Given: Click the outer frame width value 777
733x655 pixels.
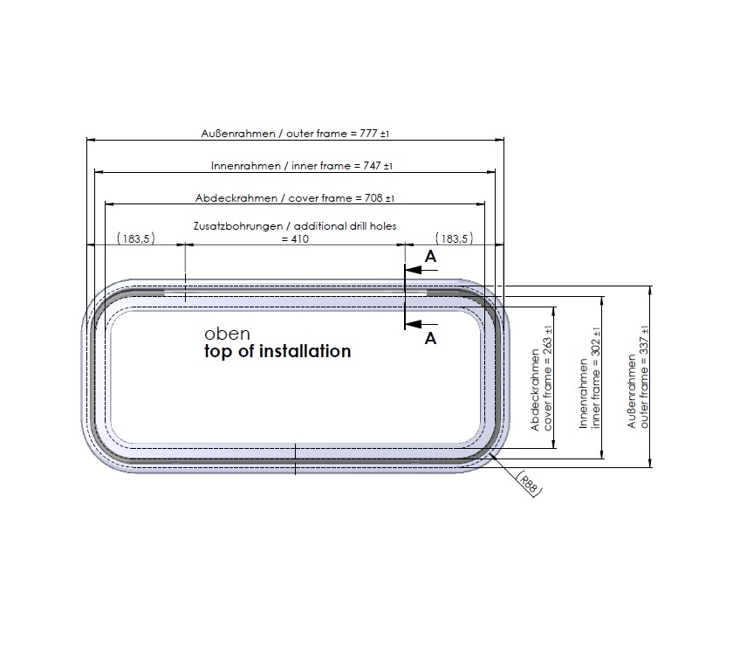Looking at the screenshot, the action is coord(368,134).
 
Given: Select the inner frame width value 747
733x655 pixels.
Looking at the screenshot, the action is coord(372,166).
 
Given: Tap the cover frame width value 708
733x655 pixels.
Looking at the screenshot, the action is coord(373,198).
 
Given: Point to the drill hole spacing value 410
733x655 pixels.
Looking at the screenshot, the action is coord(299,239).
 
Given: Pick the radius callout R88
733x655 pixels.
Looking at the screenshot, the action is coord(529,483).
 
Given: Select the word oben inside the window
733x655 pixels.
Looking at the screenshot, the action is coord(227,334).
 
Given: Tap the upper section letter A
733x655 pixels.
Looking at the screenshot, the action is coord(430,257).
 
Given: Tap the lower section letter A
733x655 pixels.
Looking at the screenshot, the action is coord(430,338).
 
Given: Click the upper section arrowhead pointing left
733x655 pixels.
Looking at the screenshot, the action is coord(414,270).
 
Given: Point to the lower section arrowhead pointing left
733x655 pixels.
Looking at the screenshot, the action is coord(414,324).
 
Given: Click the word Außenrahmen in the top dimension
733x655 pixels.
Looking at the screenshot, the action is coord(238,134).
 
